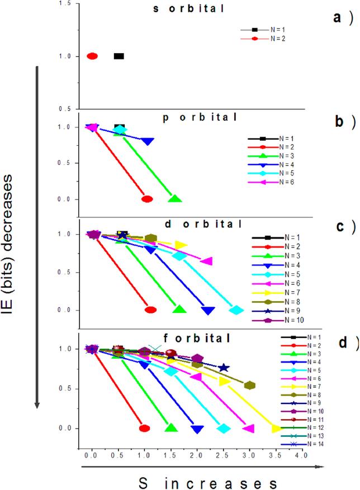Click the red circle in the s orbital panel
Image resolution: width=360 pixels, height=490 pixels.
pos(92,56)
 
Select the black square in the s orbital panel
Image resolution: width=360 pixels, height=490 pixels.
pos(119,56)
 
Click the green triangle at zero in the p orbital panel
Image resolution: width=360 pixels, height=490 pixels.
pos(175,199)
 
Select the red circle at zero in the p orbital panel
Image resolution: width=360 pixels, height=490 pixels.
pos(147,199)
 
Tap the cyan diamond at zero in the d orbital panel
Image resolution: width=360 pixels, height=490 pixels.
pos(236,310)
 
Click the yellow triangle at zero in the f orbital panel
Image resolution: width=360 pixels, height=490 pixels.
pos(276,429)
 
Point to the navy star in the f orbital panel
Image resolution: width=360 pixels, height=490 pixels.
pos(224,367)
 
